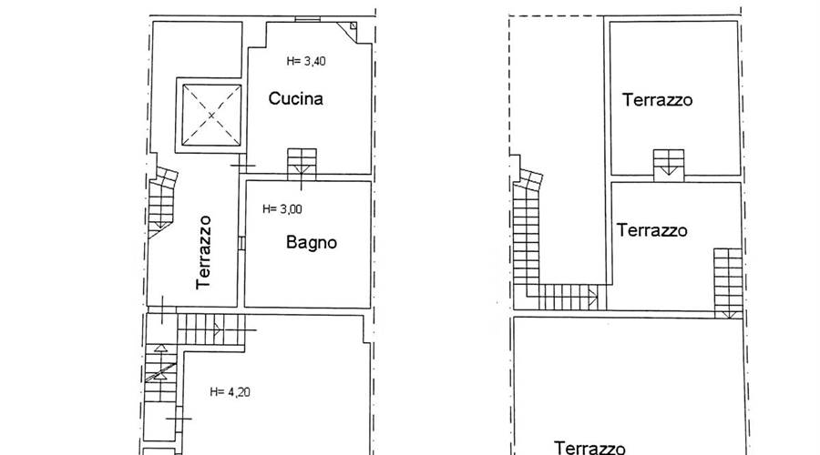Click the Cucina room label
pyautogui.click(x=295, y=98)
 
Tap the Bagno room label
pyautogui.click(x=312, y=242)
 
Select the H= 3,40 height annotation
pyautogui.click(x=306, y=61)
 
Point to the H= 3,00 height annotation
pyautogui.click(x=282, y=209)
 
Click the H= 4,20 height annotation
pyautogui.click(x=230, y=392)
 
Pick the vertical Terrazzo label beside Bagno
pyautogui.click(x=204, y=252)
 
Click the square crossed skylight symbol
pyautogui.click(x=211, y=116)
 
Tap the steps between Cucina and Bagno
pyautogui.click(x=302, y=164)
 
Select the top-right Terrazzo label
pyautogui.click(x=657, y=100)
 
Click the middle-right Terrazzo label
pyautogui.click(x=651, y=230)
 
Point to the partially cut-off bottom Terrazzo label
pyautogui.click(x=589, y=448)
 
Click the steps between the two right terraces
pyautogui.click(x=669, y=165)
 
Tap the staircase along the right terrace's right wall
pyautogui.click(x=728, y=283)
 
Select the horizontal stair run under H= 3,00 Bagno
pyautogui.click(x=211, y=329)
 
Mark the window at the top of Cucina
pyautogui.click(x=307, y=19)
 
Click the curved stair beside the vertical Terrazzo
pyautogui.click(x=161, y=202)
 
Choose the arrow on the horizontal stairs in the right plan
pyautogui.click(x=593, y=297)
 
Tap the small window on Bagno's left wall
pyautogui.click(x=241, y=243)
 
